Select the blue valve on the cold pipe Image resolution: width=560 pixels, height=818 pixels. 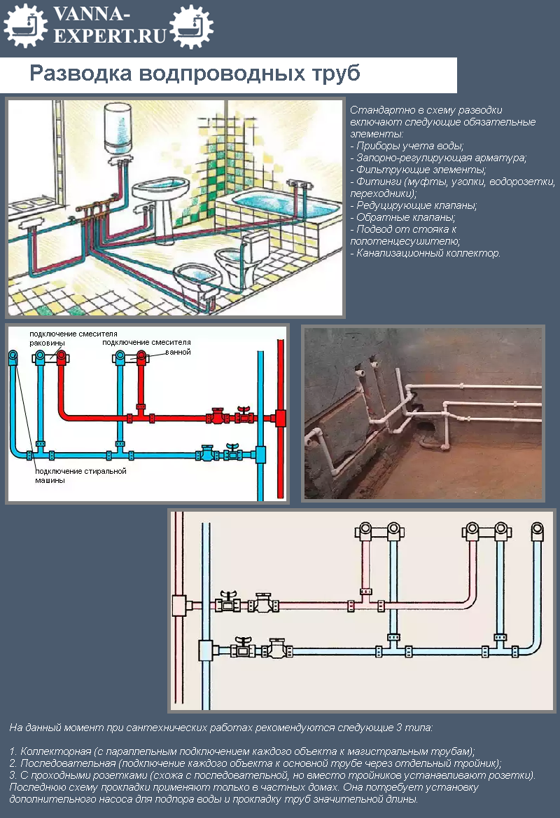(207, 454)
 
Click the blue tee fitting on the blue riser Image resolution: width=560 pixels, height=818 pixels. (260, 454)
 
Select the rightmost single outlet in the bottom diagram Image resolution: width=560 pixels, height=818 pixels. (538, 529)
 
